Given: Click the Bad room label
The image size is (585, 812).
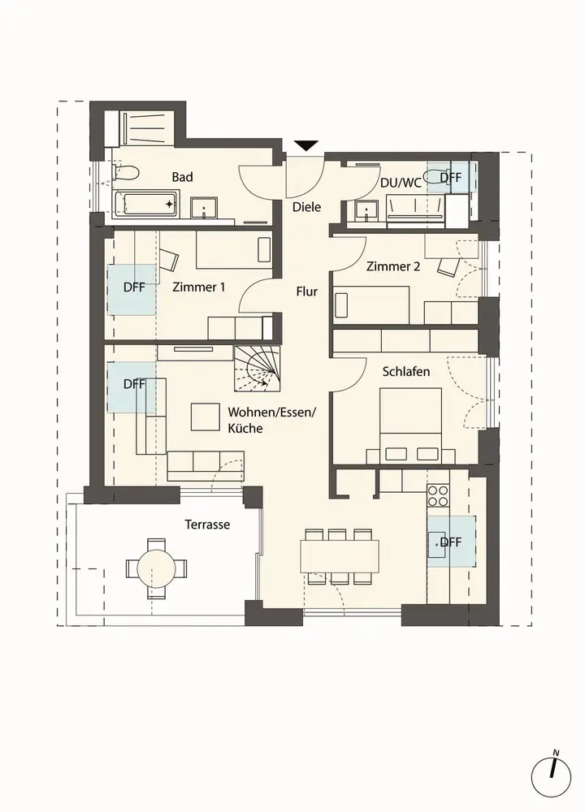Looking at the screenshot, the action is click(x=182, y=177).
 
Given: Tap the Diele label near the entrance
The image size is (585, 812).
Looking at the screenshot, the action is click(x=307, y=207).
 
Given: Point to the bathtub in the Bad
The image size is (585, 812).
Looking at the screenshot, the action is click(x=146, y=204).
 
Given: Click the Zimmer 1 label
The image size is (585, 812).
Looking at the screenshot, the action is click(x=199, y=287).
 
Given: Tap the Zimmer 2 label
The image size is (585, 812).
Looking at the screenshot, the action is click(x=393, y=266).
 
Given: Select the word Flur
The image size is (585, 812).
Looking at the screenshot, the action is click(x=307, y=292).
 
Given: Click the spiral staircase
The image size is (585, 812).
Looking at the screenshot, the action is click(x=257, y=369).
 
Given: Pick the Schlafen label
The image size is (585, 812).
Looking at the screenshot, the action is click(x=406, y=372).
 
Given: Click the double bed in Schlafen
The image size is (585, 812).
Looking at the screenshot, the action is click(x=411, y=425).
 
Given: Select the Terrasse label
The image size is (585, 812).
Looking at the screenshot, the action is click(x=207, y=525).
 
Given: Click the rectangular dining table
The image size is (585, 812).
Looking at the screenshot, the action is click(x=340, y=555).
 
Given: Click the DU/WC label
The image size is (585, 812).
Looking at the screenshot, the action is click(x=401, y=183).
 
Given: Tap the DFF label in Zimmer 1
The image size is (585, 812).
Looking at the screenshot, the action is click(x=134, y=287).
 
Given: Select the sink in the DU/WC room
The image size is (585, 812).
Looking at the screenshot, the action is click(x=367, y=211).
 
